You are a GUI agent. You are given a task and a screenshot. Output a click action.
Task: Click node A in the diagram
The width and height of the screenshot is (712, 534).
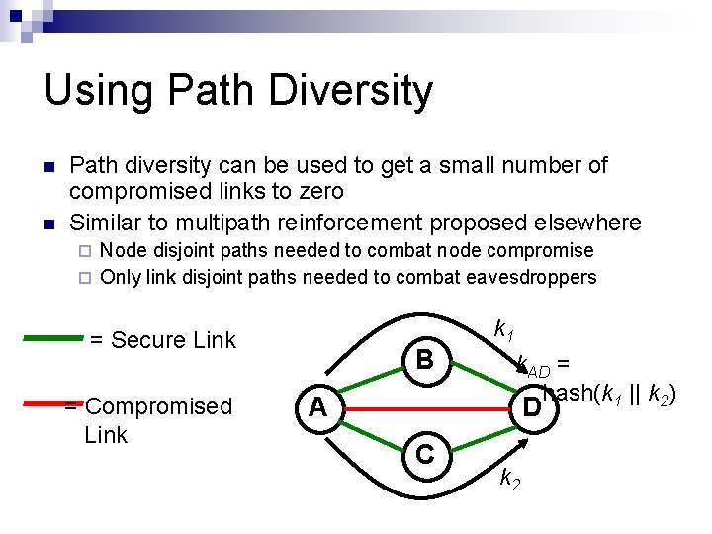316,406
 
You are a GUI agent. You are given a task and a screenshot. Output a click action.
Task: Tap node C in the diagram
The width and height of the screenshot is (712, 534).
424,454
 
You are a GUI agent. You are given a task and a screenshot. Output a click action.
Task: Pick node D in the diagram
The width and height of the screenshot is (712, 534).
531,406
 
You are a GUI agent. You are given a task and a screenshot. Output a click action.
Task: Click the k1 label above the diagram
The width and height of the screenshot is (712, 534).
503,328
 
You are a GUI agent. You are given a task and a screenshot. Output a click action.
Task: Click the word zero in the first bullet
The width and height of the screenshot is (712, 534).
316,191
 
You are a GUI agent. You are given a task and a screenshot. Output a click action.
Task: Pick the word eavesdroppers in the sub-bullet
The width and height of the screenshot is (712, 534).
534,277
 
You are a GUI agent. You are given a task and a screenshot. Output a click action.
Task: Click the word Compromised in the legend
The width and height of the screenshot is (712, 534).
159,406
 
